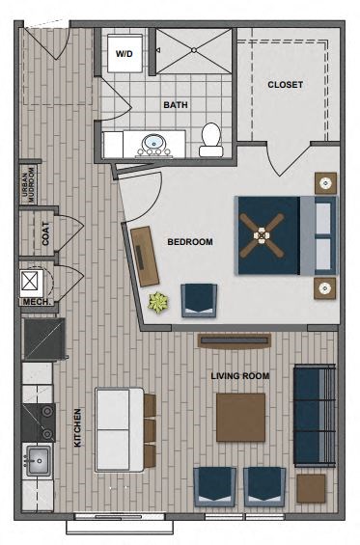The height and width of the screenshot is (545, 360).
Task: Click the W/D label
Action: (x=125, y=55)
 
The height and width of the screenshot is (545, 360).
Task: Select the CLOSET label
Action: (x=285, y=85)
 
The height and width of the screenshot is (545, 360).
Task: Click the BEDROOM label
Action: (x=189, y=242)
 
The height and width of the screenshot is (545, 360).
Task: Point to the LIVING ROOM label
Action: (x=239, y=375)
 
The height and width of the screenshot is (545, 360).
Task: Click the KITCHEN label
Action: (x=77, y=427)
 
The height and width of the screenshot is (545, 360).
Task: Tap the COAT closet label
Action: (x=45, y=233)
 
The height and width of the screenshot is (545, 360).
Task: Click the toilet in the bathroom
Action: (x=211, y=142)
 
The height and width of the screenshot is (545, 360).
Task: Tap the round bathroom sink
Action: (x=152, y=146)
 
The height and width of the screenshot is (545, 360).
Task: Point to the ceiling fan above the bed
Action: (x=262, y=234)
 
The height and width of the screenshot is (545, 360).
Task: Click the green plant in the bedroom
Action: (x=156, y=302)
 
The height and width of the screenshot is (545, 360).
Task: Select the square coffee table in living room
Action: (x=240, y=417)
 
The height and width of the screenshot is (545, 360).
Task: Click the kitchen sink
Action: (x=40, y=460)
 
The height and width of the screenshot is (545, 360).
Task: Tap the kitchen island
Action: (x=119, y=427)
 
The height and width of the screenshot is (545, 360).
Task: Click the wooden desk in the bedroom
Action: (x=145, y=255)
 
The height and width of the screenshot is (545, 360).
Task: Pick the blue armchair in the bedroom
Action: (x=200, y=300)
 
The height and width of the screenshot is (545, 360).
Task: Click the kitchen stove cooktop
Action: (x=40, y=421)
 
